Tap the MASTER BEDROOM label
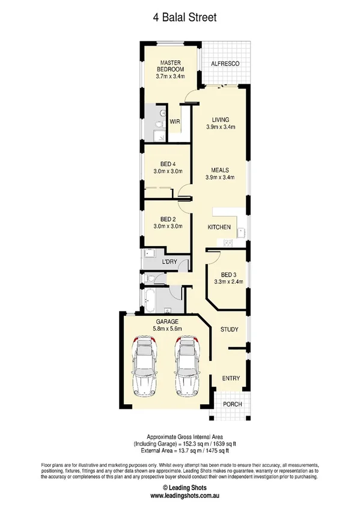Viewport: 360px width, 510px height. coord(169,66)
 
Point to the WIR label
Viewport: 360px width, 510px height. coord(175,121)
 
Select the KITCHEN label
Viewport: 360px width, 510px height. coord(219,227)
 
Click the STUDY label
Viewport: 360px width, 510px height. coord(230,330)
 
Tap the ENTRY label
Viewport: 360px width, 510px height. coord(231,378)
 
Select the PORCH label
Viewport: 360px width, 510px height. coord(232,404)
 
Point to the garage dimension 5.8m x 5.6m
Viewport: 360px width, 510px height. coord(168,328)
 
